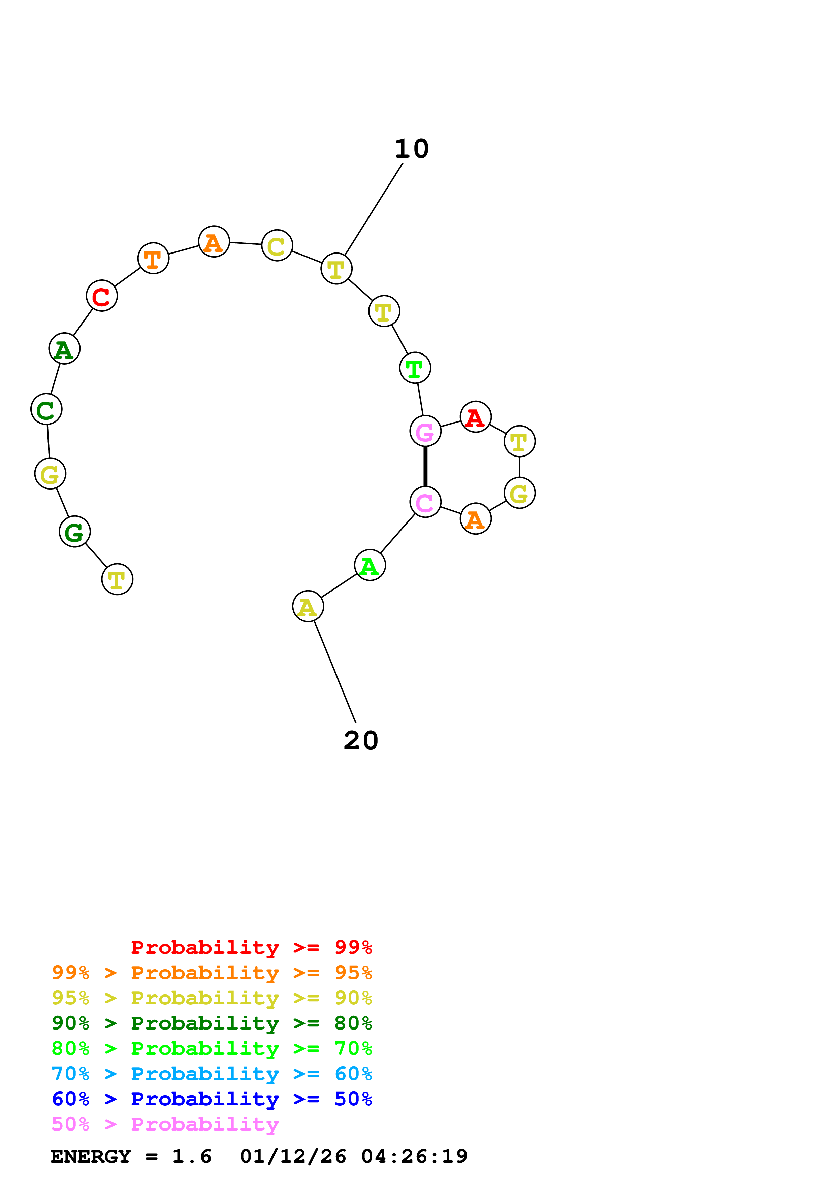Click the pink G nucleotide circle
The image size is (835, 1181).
425,431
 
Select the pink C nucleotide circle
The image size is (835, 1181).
425,502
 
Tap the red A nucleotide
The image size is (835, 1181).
475,417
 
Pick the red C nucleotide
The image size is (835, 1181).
102,296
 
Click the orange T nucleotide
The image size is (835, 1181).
153,258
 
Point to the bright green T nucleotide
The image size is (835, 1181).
415,368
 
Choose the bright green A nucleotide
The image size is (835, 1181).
370,565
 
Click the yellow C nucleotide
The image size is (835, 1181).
277,245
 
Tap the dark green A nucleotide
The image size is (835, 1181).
64,349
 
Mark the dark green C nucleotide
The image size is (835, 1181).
46,409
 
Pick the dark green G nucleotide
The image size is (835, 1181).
74,531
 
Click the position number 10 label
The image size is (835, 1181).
412,149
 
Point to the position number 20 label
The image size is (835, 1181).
361,740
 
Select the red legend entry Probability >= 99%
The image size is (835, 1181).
251,947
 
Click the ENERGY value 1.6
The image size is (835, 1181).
191,1156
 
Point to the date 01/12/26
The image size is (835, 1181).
293,1156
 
